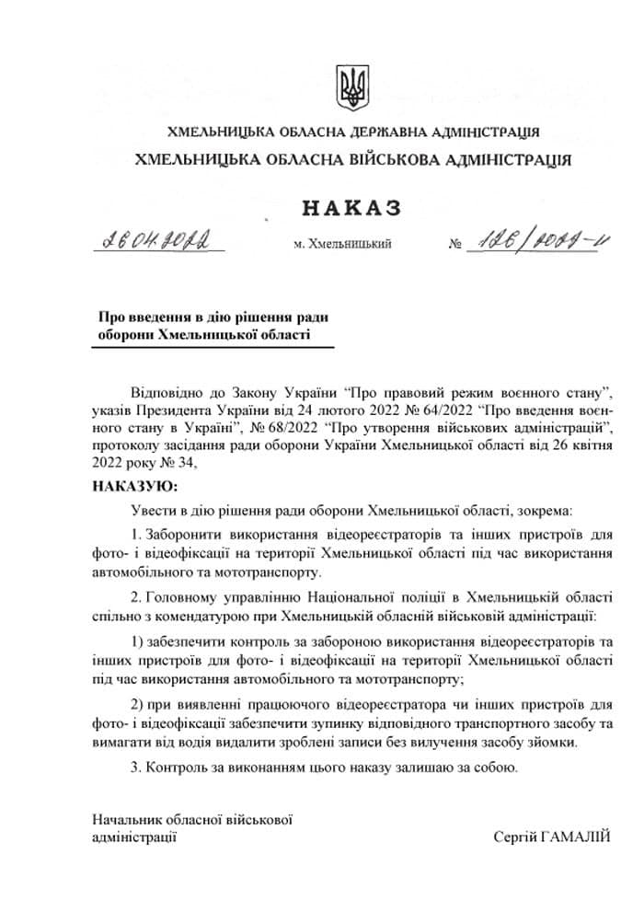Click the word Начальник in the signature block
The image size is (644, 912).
(x=128, y=819)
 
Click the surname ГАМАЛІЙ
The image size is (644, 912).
(x=577, y=837)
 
